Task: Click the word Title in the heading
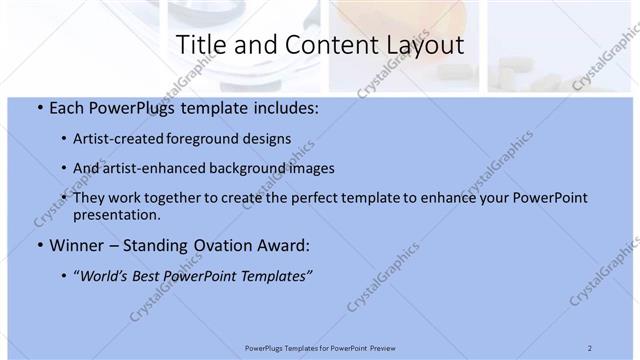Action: [200, 45]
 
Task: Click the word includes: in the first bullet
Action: [284, 108]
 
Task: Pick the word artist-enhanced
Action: [150, 168]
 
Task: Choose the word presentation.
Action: [119, 214]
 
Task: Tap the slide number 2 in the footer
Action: [590, 348]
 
